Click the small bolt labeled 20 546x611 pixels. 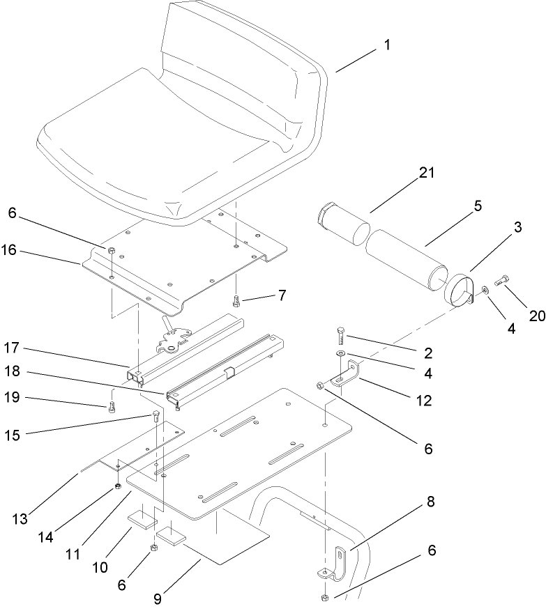coord(502,282)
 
